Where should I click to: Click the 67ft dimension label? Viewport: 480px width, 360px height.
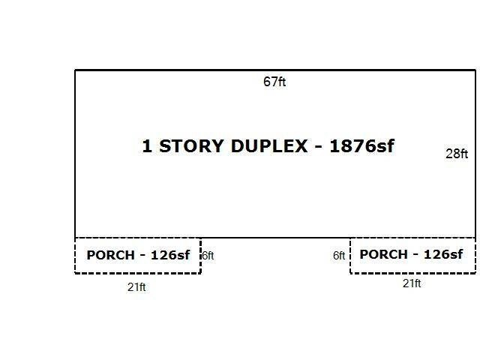pyautogui.click(x=274, y=82)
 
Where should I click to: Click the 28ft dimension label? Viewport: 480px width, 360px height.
pyautogui.click(x=457, y=154)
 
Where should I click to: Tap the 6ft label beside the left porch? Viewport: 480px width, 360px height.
pyautogui.click(x=208, y=256)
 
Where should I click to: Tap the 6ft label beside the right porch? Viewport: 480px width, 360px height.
pyautogui.click(x=339, y=255)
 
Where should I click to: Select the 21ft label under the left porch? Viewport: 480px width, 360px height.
pyautogui.click(x=136, y=287)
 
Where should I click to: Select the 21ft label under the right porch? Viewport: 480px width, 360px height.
pyautogui.click(x=412, y=283)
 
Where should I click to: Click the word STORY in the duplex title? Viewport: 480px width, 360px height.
pyautogui.click(x=191, y=146)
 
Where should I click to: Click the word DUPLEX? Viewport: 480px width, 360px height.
pyautogui.click(x=269, y=146)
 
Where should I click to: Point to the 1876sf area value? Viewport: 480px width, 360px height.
pyautogui.click(x=361, y=145)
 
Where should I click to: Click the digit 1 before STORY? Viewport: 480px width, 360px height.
pyautogui.click(x=147, y=146)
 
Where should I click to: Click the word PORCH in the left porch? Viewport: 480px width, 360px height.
pyautogui.click(x=111, y=255)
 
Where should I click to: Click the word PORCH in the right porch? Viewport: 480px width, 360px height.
pyautogui.click(x=383, y=254)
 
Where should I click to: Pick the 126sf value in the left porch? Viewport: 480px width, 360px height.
pyautogui.click(x=170, y=255)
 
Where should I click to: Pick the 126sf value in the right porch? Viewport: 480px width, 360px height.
pyautogui.click(x=443, y=254)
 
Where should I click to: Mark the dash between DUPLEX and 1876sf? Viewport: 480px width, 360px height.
pyautogui.click(x=318, y=147)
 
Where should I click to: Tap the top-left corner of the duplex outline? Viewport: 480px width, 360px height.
pyautogui.click(x=75, y=70)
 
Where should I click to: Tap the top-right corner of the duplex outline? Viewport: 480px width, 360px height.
pyautogui.click(x=475, y=70)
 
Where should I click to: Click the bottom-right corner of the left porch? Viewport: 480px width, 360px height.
pyautogui.click(x=200, y=273)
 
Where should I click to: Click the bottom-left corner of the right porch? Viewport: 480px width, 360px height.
pyautogui.click(x=350, y=272)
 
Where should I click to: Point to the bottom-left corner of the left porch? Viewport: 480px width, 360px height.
pyautogui.click(x=75, y=273)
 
